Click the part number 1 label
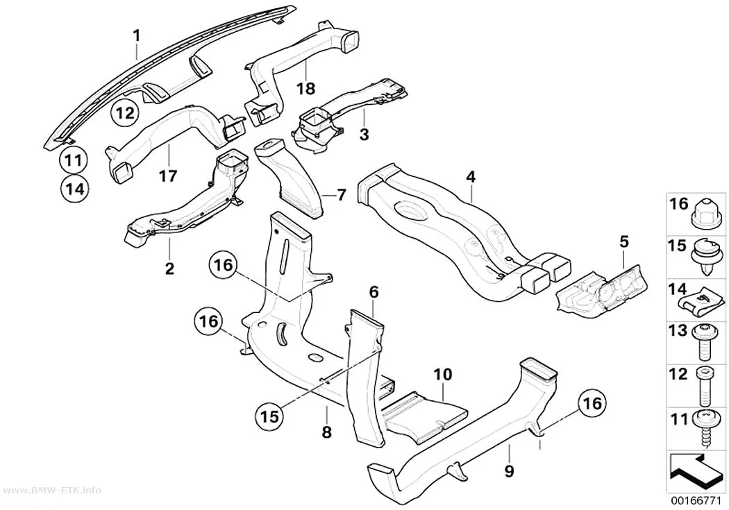(136, 35)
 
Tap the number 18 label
(306, 88)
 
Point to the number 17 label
(168, 176)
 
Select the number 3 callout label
(364, 134)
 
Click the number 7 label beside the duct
(342, 195)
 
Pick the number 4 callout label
(471, 176)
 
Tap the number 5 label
(624, 241)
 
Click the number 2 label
(169, 268)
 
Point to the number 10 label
(443, 375)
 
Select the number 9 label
(509, 471)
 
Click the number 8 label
(327, 432)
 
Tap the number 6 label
(374, 292)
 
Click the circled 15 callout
(270, 415)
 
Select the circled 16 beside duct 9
(592, 403)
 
